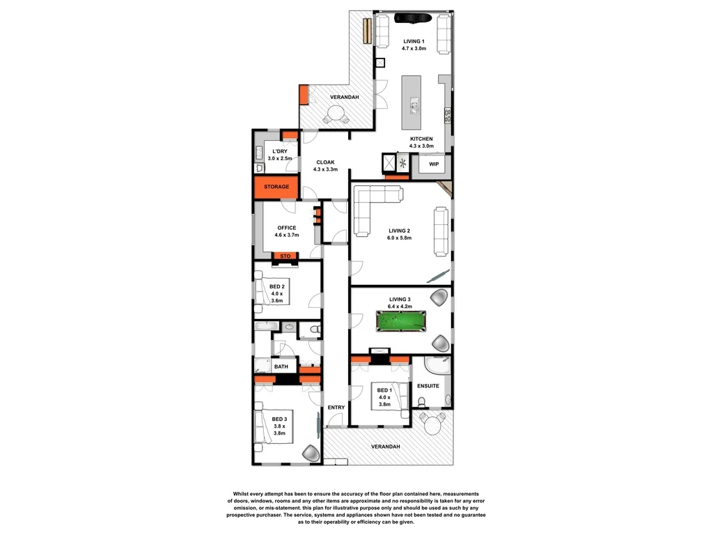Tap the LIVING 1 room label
tap(413, 42)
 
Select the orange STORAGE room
tap(276, 187)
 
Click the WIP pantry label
tap(434, 164)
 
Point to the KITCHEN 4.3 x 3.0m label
tap(421, 142)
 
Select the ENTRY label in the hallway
tap(336, 408)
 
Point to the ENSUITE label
tap(428, 386)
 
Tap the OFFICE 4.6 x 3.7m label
tap(286, 231)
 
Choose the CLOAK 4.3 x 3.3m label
tap(326, 165)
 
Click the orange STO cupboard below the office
tap(285, 256)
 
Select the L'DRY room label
tap(279, 155)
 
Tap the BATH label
tap(281, 366)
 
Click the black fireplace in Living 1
tap(412, 18)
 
